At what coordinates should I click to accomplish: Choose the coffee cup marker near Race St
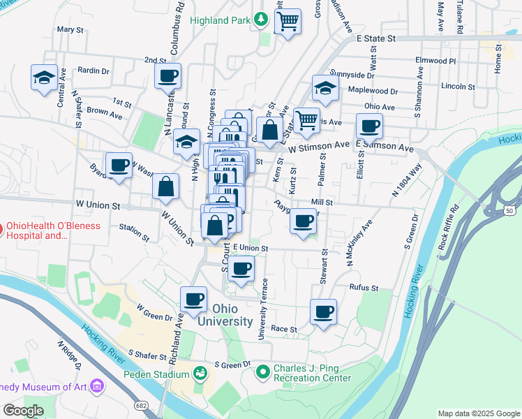[323, 312]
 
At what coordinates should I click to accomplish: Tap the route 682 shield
[142, 405]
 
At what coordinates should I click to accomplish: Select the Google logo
[22, 411]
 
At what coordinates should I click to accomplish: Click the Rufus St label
[364, 288]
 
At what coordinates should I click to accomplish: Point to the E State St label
[376, 38]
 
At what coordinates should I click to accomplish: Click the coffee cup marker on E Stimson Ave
[369, 126]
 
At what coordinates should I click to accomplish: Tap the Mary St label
[70, 30]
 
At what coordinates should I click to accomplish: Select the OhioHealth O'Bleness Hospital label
[53, 230]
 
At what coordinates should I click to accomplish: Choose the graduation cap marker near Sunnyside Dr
[325, 88]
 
